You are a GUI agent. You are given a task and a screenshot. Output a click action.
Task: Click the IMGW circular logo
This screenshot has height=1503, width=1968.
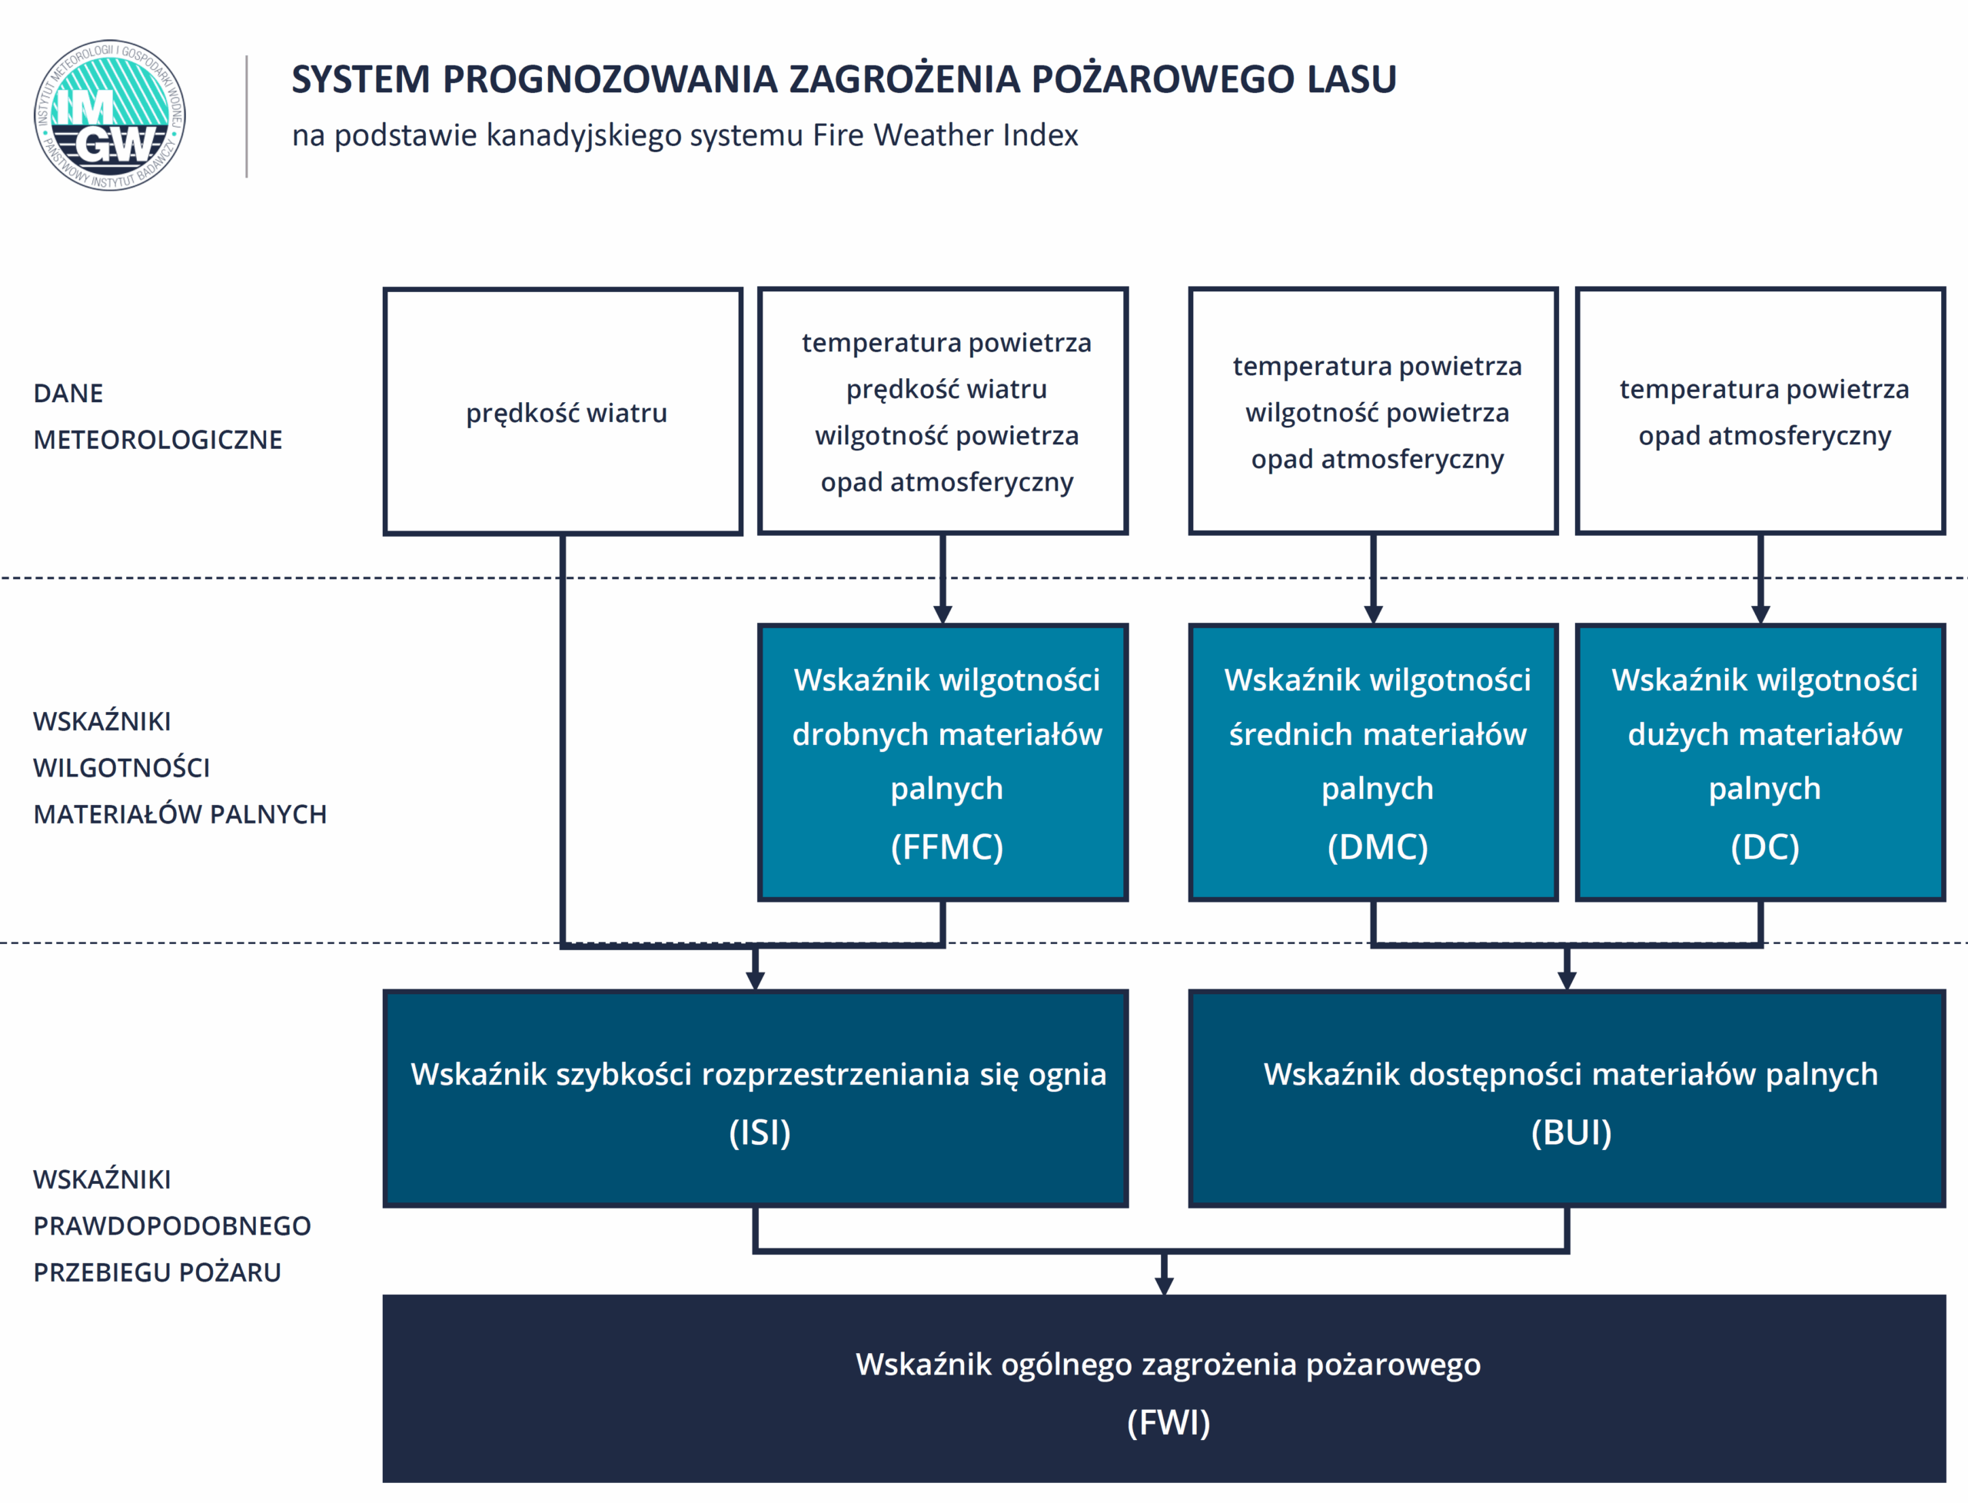[110, 115]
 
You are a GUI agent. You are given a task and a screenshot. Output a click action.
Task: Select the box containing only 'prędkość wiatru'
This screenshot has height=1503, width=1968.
[563, 411]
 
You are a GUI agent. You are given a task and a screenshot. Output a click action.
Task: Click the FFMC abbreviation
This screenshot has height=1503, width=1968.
[946, 846]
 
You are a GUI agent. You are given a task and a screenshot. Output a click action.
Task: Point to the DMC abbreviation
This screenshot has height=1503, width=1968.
[1378, 846]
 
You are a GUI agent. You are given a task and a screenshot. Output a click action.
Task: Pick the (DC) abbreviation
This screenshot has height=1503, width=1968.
[1765, 846]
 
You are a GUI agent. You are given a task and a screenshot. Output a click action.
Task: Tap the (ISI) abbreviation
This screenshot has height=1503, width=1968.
[760, 1132]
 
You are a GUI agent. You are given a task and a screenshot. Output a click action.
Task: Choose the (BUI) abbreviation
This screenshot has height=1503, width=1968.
[1571, 1132]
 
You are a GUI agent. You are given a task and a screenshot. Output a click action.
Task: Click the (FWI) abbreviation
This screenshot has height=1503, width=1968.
[1168, 1422]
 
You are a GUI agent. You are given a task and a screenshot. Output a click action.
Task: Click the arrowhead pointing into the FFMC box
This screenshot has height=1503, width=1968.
[942, 614]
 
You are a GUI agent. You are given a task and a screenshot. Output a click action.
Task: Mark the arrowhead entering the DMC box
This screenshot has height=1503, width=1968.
[1374, 614]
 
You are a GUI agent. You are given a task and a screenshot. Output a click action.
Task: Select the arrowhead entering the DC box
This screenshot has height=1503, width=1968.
[1760, 614]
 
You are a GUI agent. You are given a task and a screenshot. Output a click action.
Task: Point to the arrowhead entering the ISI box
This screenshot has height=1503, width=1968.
[755, 980]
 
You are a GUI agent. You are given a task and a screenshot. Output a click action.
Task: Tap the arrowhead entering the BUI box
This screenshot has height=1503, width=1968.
[1567, 980]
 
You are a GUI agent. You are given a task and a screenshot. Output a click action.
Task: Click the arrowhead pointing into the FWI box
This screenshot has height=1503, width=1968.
[1164, 1285]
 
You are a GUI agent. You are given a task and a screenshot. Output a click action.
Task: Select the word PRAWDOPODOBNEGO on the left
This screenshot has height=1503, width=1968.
[171, 1225]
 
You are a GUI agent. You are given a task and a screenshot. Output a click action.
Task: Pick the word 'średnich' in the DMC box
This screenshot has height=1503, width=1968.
[1284, 734]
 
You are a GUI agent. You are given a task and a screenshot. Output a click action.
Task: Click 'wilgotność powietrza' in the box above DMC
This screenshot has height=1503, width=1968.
[1378, 412]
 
